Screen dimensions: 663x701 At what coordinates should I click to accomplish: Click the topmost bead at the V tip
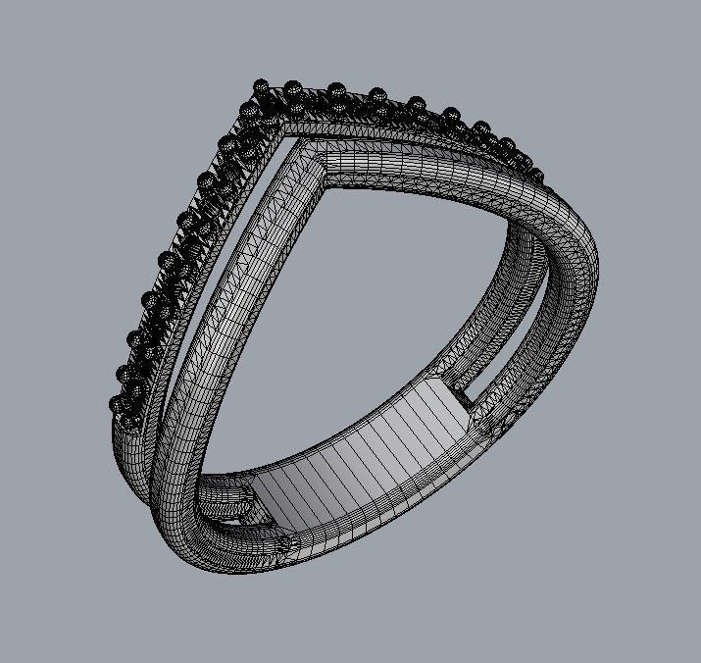point(261,87)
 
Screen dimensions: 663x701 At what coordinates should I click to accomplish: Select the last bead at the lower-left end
point(117,404)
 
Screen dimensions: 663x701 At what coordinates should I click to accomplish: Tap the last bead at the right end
point(536,177)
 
